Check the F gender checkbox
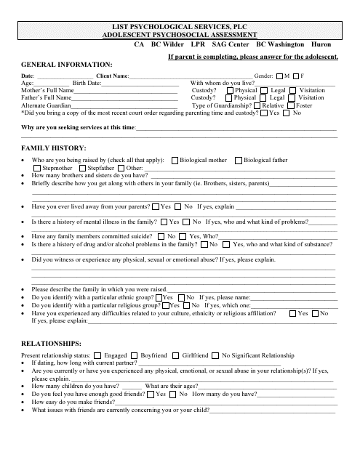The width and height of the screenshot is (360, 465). (296, 76)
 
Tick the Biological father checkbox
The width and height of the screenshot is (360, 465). (239, 160)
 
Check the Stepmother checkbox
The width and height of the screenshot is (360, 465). (38, 168)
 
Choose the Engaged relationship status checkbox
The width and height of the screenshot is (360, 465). (99, 355)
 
